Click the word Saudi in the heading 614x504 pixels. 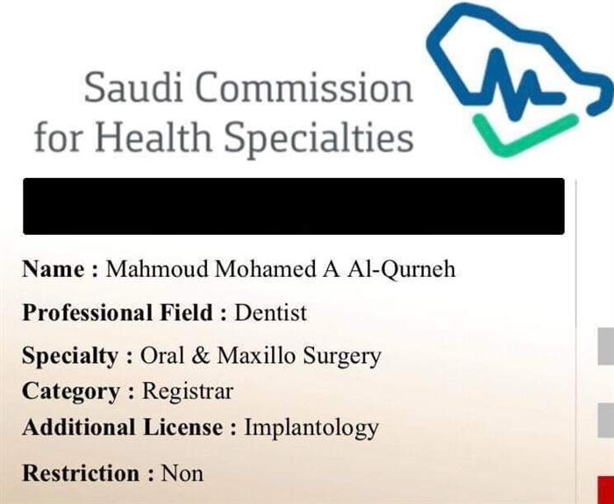133,87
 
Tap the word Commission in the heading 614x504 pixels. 303,87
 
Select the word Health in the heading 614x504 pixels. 153,136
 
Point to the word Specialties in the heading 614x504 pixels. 318,138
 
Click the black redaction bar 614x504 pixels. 294,206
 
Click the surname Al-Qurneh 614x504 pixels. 402,269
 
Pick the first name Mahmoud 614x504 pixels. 157,269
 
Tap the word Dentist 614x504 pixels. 270,313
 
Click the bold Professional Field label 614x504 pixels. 125,313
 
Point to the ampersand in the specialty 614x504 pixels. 201,356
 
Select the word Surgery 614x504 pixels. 342,357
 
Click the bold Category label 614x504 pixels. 78,391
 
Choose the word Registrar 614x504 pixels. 188,391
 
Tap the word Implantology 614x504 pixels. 311,428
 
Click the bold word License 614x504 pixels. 182,427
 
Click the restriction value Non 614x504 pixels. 182,473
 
